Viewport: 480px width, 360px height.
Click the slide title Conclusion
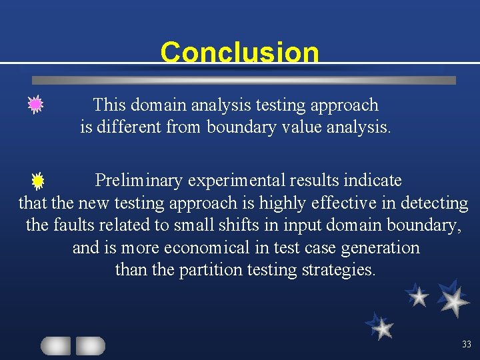tap(239, 52)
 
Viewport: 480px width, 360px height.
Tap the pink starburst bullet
tap(35, 104)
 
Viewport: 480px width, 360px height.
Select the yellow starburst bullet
tap(37, 180)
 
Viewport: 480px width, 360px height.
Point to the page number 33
tap(466, 345)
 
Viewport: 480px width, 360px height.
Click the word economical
tap(209, 248)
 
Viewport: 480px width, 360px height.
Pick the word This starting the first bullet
tap(109, 105)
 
